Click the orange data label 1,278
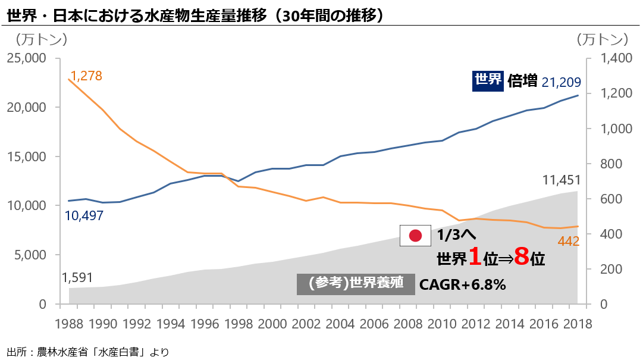(x=86, y=76)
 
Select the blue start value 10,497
(x=84, y=216)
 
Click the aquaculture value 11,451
(x=562, y=180)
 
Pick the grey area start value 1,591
(x=77, y=278)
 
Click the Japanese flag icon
(x=415, y=236)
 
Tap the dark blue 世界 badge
(x=488, y=80)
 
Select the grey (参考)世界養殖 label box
(x=356, y=284)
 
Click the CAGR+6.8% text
(x=463, y=285)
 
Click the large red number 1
(x=474, y=258)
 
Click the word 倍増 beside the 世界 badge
(x=523, y=81)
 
